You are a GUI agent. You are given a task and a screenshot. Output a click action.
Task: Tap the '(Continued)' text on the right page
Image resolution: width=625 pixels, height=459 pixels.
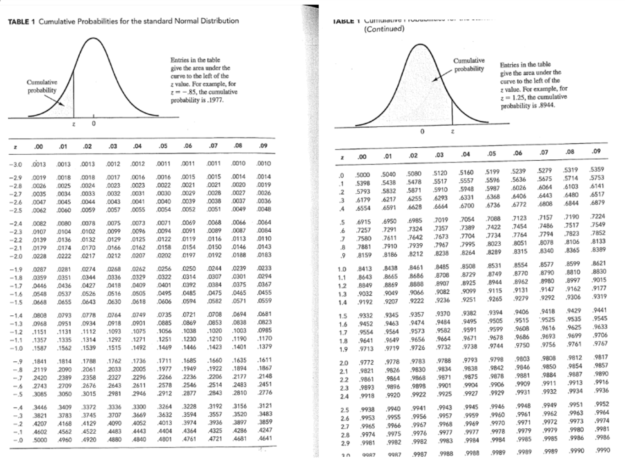point(384,29)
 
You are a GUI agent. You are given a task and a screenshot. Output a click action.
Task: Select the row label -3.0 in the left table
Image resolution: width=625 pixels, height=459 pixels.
point(17,164)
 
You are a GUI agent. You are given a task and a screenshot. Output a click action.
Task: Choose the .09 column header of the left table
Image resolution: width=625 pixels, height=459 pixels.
point(263,146)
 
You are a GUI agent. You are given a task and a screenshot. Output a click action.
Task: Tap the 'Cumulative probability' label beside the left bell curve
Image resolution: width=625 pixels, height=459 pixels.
point(42,86)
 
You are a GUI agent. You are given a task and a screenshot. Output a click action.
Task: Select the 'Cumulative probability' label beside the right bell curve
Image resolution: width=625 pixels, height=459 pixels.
point(469,65)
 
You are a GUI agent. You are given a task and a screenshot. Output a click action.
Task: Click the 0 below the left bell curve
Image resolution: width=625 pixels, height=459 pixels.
point(93,123)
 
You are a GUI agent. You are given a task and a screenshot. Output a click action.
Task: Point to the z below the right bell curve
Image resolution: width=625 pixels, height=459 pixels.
point(452,132)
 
